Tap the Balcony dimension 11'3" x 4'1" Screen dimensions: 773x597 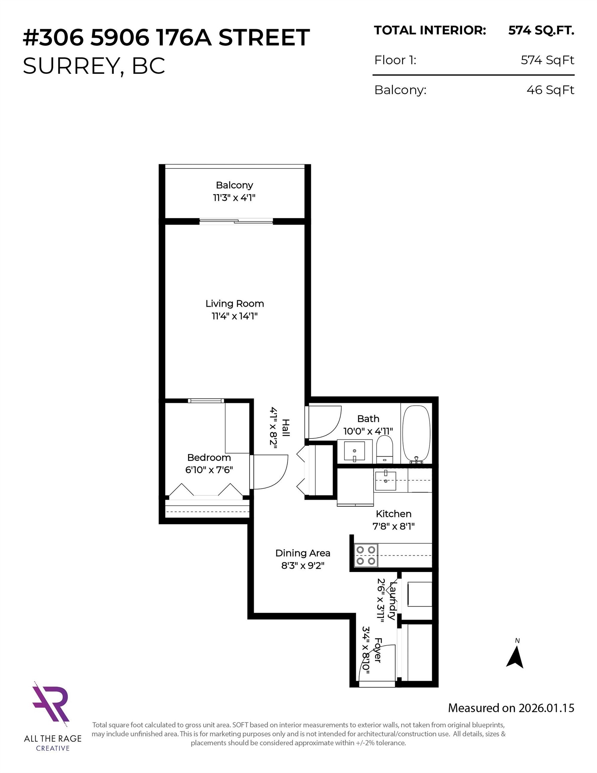coord(234,198)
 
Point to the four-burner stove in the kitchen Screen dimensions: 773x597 coord(366,555)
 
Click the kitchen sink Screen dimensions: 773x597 coord(385,480)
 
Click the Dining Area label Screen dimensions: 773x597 coord(303,553)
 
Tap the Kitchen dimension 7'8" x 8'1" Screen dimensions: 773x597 coord(393,526)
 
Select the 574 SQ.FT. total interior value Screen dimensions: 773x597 coord(541,31)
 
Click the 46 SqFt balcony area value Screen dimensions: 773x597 coord(550,90)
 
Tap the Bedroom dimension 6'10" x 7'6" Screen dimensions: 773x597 coord(209,470)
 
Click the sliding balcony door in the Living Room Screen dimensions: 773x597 coord(236,221)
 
